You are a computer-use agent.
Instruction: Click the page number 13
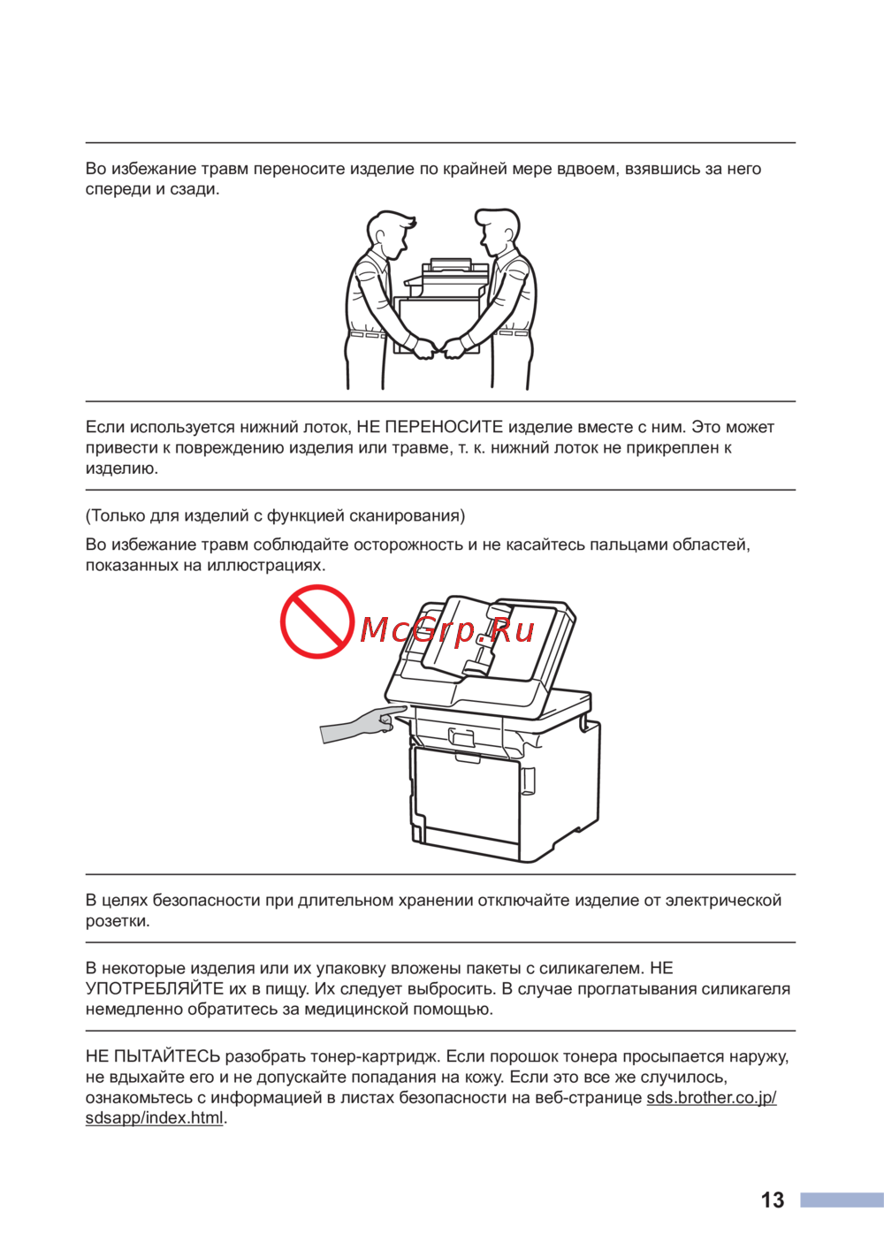point(772,1200)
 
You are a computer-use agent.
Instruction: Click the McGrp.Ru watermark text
point(447,630)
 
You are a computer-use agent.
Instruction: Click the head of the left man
point(388,232)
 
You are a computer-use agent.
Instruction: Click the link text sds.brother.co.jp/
point(711,1097)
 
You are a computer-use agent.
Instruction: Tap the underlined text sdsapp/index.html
point(155,1117)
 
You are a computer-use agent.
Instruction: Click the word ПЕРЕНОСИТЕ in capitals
point(444,427)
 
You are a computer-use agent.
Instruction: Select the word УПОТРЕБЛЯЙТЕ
point(155,988)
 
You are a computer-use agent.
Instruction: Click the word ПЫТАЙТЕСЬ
point(167,1055)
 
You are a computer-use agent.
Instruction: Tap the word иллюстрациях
point(266,565)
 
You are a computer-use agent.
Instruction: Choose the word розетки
point(118,921)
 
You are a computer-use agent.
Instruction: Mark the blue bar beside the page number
point(841,1200)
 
